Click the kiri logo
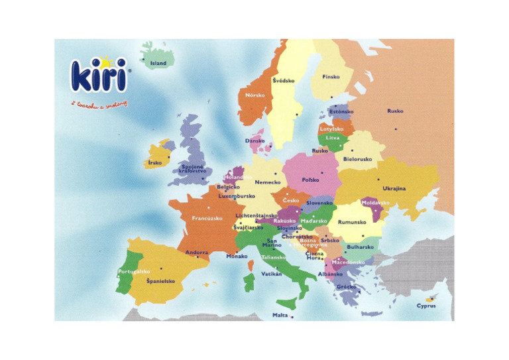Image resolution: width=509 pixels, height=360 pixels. pos(97,77)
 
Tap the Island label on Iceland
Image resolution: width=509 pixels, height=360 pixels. pos(158,64)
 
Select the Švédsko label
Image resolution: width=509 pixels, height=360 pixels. pos(283,80)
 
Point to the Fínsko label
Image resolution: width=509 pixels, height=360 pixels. pos(331,77)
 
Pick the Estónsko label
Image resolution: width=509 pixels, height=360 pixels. pos(341,112)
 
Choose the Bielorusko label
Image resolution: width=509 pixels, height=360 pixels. pos(358,159)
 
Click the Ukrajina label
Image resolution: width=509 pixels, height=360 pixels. pos(394,188)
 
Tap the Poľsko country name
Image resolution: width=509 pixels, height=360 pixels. pos(310,180)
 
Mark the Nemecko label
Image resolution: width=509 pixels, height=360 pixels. pos(268,182)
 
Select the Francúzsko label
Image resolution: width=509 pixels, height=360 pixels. pos(207,217)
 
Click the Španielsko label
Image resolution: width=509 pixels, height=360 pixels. pos(160,281)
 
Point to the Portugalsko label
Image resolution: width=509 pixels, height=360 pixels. pos(134,271)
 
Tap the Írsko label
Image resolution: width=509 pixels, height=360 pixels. pos(155,162)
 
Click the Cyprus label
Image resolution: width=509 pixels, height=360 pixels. pos(426,306)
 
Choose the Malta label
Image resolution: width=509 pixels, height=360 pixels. pos(280,315)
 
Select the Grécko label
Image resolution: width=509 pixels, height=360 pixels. pos(347,287)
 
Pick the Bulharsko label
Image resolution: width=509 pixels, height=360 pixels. pos(360,247)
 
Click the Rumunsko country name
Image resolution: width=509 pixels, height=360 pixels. pos(352,222)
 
